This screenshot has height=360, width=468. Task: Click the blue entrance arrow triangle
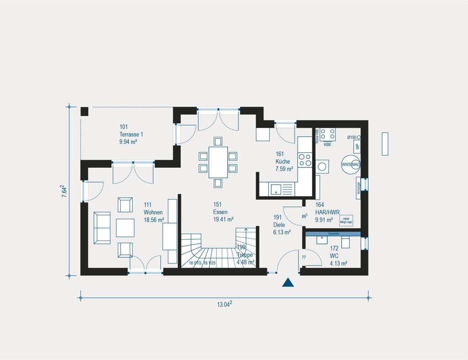pyautogui.click(x=287, y=283)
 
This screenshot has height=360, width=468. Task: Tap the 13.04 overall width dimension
pyautogui.click(x=224, y=304)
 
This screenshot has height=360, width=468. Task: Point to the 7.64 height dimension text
pyautogui.click(x=64, y=191)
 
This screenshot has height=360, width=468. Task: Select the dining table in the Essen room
pyautogui.click(x=218, y=162)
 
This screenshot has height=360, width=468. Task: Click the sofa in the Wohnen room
pyautogui.click(x=102, y=227)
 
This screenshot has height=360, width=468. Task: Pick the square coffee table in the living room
pyautogui.click(x=125, y=227)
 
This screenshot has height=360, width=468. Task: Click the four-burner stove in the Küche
pyautogui.click(x=305, y=159)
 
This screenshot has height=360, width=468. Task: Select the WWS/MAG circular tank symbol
pyautogui.click(x=351, y=164)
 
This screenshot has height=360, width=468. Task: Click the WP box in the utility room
pyautogui.click(x=357, y=147)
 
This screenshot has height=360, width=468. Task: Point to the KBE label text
pyautogui.click(x=327, y=145)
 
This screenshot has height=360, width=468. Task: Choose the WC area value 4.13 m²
pyautogui.click(x=338, y=263)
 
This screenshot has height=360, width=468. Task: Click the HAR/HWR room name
pyautogui.click(x=327, y=212)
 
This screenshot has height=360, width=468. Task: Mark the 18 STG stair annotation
pyautogui.click(x=196, y=263)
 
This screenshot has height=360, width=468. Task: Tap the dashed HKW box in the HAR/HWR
pyautogui.click(x=346, y=221)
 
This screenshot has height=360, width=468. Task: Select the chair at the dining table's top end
pyautogui.click(x=218, y=141)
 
